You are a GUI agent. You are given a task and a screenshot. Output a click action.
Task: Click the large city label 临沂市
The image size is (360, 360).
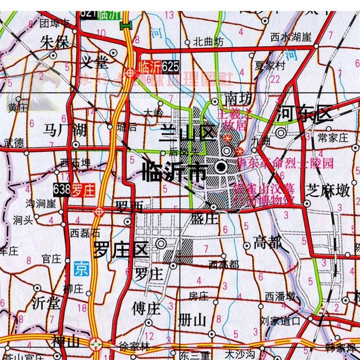(174, 171)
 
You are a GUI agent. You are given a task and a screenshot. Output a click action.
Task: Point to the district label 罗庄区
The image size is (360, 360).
(121, 249)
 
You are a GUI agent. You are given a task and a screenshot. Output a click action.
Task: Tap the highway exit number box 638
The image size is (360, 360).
(61, 190)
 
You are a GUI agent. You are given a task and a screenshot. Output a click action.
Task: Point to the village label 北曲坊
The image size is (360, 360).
(208, 43)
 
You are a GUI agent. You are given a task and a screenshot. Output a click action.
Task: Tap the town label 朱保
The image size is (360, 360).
(54, 43)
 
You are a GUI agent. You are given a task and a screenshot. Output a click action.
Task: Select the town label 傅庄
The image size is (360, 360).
(146, 309)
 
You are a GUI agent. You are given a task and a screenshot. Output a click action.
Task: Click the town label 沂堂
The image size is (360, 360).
(46, 303)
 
